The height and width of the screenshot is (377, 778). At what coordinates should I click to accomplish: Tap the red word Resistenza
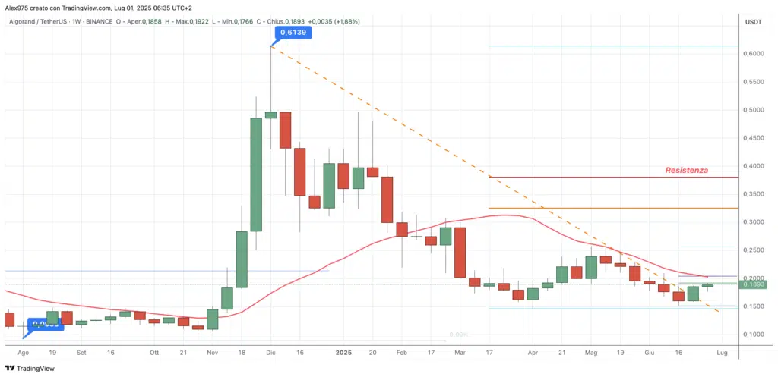687,171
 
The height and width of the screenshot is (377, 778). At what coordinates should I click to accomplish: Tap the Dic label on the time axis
270,353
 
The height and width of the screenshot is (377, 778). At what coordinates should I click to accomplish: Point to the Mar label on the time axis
460,353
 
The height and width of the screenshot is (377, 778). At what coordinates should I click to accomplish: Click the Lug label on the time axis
722,353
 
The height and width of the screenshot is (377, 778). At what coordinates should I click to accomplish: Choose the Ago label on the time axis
24,353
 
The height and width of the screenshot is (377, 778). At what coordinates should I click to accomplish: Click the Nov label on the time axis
212,353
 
